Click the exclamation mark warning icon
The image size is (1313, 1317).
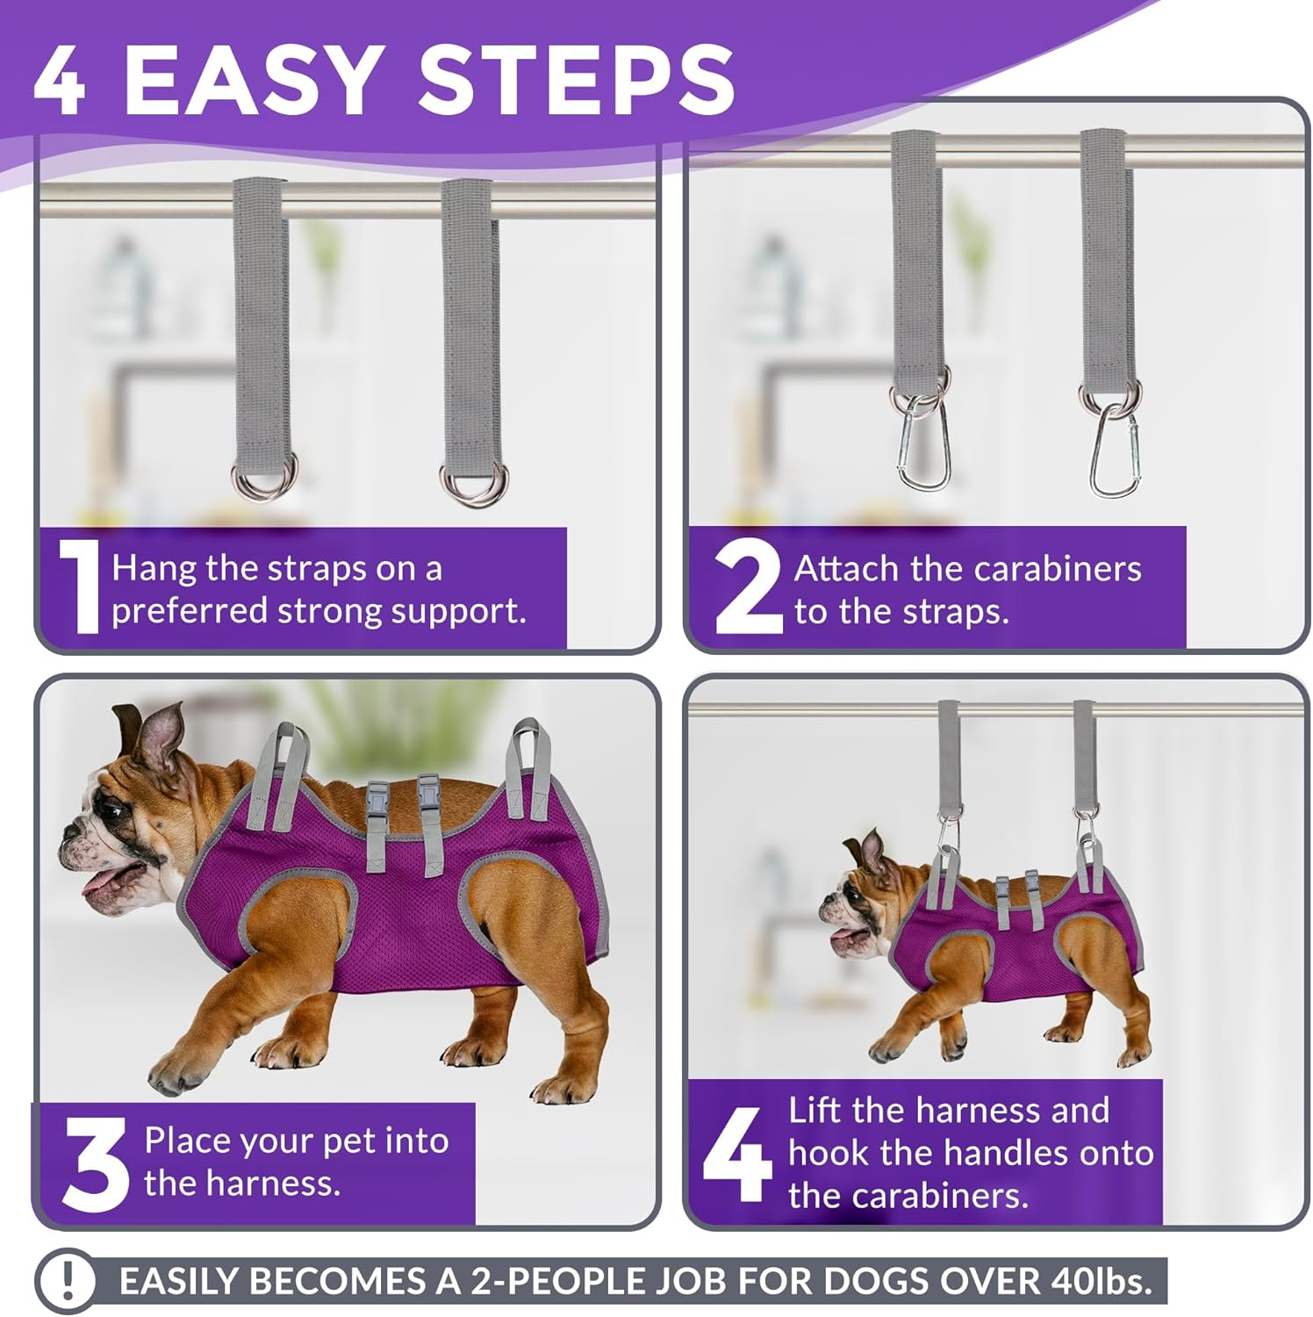point(68,1280)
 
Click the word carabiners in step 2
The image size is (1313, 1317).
point(1064,569)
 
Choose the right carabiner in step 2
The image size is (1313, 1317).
point(1115,452)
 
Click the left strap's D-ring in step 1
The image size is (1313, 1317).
point(264,479)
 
